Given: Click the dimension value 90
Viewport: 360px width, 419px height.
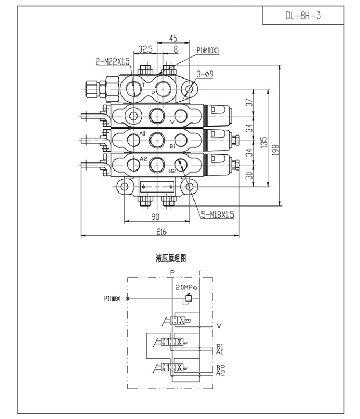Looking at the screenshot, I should (156, 216).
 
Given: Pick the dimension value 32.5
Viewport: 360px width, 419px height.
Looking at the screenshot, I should (145, 49).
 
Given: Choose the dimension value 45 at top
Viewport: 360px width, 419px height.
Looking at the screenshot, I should (172, 38).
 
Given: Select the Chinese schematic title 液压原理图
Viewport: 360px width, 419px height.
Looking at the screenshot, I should (171, 259).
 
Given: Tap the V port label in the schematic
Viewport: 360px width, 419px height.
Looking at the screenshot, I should (219, 325).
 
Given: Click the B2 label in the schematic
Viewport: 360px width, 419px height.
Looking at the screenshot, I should (220, 367).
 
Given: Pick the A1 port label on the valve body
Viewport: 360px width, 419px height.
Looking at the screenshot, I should (142, 133).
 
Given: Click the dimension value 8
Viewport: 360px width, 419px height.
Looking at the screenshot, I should (176, 49).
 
